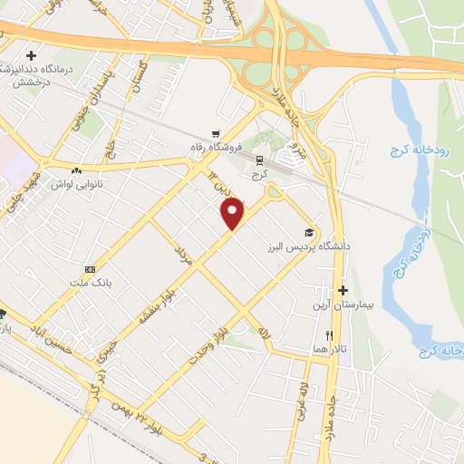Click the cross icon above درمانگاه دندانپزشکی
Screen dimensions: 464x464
click(31, 55)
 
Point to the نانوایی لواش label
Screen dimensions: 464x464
click(76, 183)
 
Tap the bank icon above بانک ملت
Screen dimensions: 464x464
click(90, 269)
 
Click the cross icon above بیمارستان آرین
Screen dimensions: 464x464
click(342, 291)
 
